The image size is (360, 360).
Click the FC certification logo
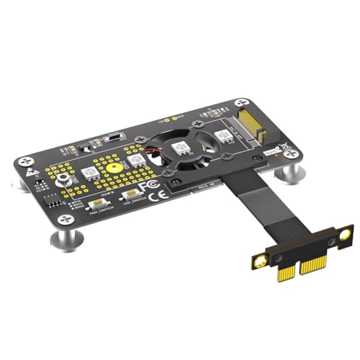147,186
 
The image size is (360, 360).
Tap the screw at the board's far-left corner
22,155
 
